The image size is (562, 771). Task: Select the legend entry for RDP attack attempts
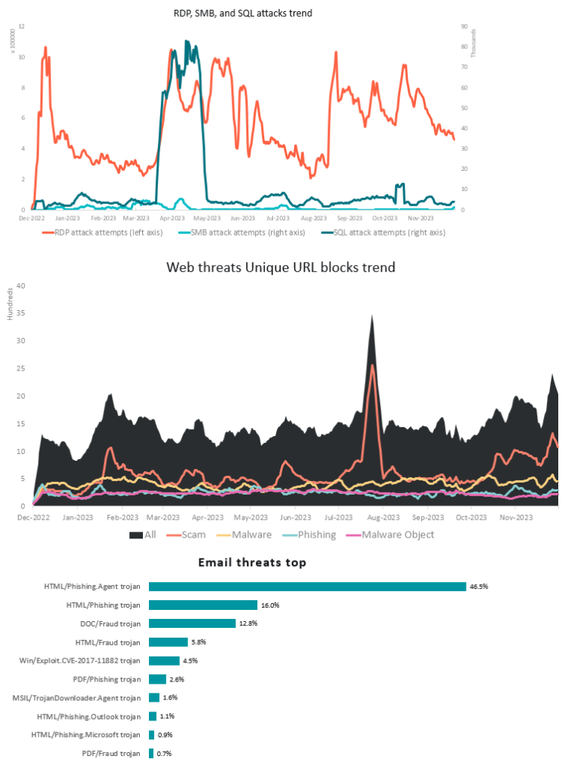tap(113, 233)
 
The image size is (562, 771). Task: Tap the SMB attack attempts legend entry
tap(252, 233)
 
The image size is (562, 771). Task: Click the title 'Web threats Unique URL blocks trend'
tap(281, 267)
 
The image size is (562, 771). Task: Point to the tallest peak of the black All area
tap(372, 316)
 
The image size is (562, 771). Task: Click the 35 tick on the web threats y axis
tap(22, 313)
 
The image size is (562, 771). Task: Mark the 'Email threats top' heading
tap(252, 562)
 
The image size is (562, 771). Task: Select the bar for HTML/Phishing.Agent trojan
tap(307, 587)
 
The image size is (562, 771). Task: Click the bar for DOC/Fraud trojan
tap(192, 623)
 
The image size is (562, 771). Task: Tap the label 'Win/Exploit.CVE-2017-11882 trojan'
tap(81, 661)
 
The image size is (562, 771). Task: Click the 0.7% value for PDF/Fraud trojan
tap(163, 754)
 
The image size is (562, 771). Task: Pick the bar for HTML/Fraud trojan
tap(168, 642)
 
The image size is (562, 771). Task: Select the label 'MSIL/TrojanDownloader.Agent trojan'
tap(77, 698)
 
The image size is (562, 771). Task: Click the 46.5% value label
tap(478, 587)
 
